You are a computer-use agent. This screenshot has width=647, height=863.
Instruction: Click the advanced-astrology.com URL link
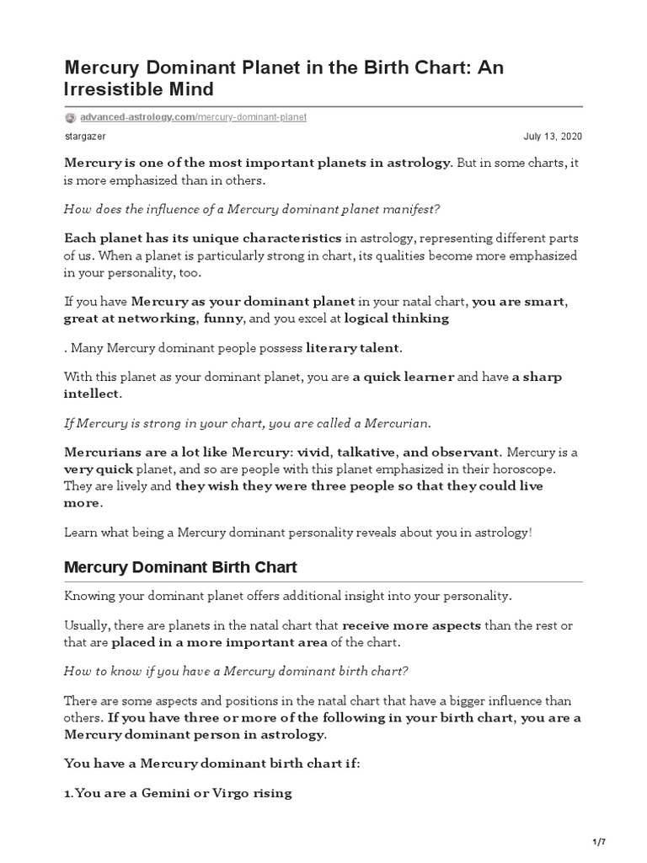tap(193, 116)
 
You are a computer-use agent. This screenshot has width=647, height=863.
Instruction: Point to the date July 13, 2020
tap(553, 137)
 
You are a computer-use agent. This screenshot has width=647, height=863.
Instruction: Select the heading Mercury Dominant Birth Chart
tap(180, 567)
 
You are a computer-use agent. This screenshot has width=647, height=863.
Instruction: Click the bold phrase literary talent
tap(354, 347)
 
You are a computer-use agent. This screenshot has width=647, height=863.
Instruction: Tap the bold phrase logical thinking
tap(397, 319)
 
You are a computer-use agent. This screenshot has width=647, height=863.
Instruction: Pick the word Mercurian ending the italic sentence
tap(398, 421)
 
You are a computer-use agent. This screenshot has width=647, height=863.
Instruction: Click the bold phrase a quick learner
tap(404, 377)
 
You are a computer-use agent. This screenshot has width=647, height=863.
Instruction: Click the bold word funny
tap(223, 319)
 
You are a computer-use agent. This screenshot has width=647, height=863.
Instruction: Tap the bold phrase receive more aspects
tap(412, 625)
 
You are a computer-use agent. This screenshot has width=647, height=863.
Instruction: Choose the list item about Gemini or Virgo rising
tap(178, 793)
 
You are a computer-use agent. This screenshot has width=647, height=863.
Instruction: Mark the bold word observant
tap(463, 451)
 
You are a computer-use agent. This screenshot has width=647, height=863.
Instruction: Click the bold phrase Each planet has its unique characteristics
tap(203, 239)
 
